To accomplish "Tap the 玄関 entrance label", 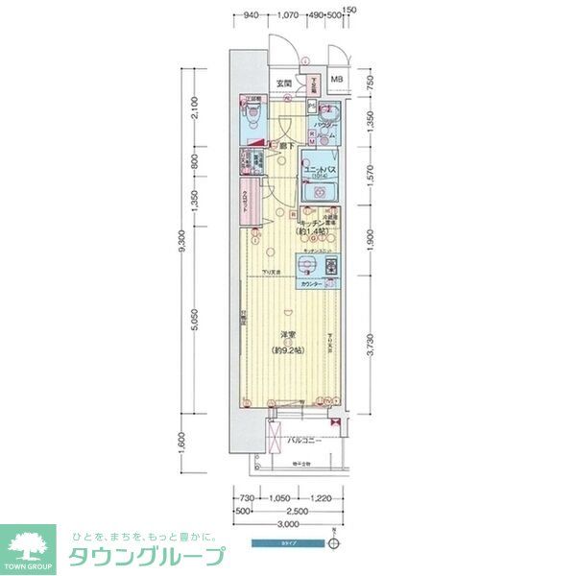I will tap(284, 84).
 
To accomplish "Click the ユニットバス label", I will tap(317, 172).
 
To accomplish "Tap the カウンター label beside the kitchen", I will tap(310, 286).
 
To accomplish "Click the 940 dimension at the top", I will tap(250, 15).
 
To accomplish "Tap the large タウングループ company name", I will tap(146, 556).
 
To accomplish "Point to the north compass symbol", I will tap(332, 543).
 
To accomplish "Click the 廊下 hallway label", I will tap(285, 146).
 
